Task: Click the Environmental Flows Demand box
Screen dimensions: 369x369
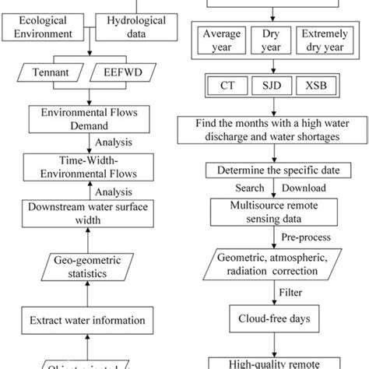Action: pos(90,119)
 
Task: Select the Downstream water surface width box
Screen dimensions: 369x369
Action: pos(90,213)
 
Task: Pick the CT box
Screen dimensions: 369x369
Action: pos(225,84)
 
